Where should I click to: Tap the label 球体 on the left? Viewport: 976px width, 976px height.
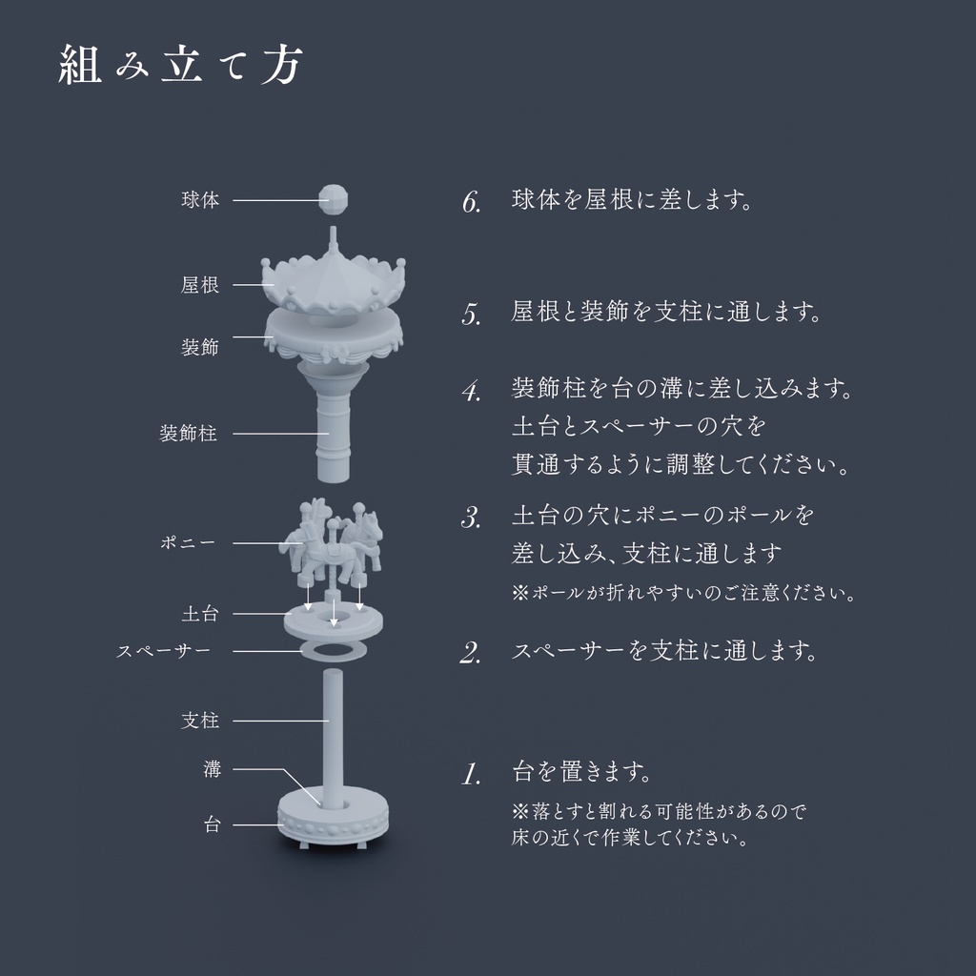click(x=200, y=200)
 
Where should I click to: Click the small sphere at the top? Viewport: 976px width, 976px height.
click(x=334, y=198)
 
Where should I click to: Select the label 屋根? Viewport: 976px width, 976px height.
click(x=200, y=284)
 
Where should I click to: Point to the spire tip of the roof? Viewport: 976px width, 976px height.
click(x=334, y=233)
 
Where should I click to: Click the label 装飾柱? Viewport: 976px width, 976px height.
click(x=188, y=434)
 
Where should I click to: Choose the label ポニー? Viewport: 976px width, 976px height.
click(x=188, y=542)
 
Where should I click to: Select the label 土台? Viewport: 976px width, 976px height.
click(x=200, y=614)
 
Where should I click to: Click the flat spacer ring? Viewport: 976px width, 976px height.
click(x=334, y=651)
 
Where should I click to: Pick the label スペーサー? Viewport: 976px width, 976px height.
click(x=163, y=651)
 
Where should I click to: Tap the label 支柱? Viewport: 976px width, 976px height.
click(x=200, y=721)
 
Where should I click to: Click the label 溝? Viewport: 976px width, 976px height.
click(x=212, y=769)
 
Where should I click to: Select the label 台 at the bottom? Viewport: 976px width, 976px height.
click(x=212, y=824)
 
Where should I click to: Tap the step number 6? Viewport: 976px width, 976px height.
click(x=471, y=202)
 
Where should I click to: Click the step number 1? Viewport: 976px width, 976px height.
click(x=470, y=774)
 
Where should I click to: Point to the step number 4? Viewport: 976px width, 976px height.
click(x=471, y=391)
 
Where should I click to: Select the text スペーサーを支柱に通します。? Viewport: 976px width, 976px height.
click(x=664, y=651)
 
